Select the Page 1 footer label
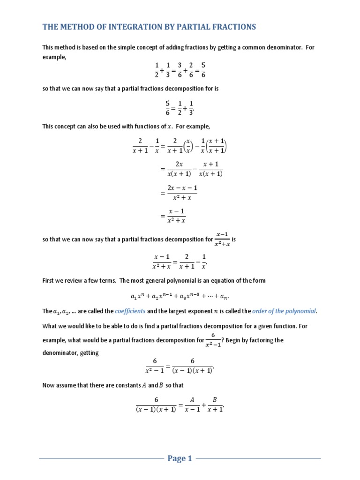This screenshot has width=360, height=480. pos(180,459)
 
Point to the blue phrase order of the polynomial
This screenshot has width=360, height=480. pos(284,311)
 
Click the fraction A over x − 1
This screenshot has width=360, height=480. pos(191,404)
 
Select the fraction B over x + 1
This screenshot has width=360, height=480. pos(214,404)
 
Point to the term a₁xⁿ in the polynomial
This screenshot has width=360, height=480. pos(139,296)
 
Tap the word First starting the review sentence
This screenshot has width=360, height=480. pos(49,280)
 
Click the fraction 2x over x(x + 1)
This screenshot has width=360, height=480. pos(179,169)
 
